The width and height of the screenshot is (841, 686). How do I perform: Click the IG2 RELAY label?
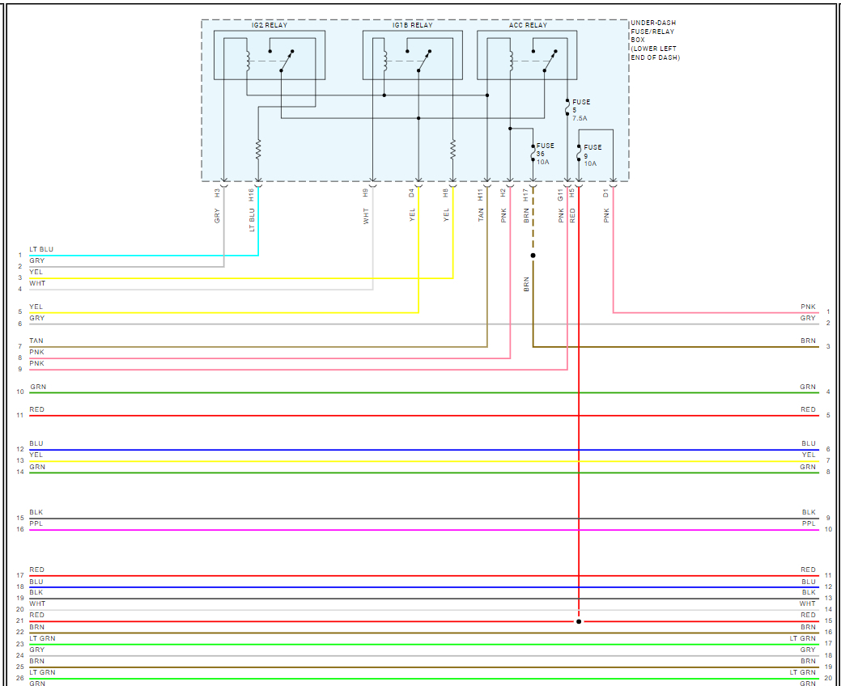pos(269,25)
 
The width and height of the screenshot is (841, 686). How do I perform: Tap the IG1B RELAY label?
pos(412,25)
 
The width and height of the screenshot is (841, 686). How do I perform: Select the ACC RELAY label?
pos(528,25)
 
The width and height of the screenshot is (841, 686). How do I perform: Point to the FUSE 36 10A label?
pos(545,154)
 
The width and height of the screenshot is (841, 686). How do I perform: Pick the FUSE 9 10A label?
pos(592,155)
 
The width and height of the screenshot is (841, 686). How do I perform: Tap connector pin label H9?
pos(366,193)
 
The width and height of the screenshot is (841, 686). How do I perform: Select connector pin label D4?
pos(412,193)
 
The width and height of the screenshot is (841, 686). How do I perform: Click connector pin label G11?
pos(561,194)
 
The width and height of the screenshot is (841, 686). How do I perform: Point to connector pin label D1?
pos(606,193)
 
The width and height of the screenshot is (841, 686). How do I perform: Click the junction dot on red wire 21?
pos(579,621)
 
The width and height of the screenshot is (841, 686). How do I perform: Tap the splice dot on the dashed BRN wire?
pos(533,256)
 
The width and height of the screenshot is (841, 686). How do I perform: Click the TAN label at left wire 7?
pos(36,341)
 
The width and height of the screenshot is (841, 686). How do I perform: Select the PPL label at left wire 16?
pos(36,524)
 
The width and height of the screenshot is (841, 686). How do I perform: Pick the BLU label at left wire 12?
pos(36,443)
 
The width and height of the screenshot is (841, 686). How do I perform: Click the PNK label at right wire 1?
pos(808,307)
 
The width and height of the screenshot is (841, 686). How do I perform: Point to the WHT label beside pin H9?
pos(366,216)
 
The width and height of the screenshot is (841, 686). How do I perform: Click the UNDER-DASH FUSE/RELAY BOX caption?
pos(656,40)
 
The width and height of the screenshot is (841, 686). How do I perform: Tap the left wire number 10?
pos(20,392)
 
